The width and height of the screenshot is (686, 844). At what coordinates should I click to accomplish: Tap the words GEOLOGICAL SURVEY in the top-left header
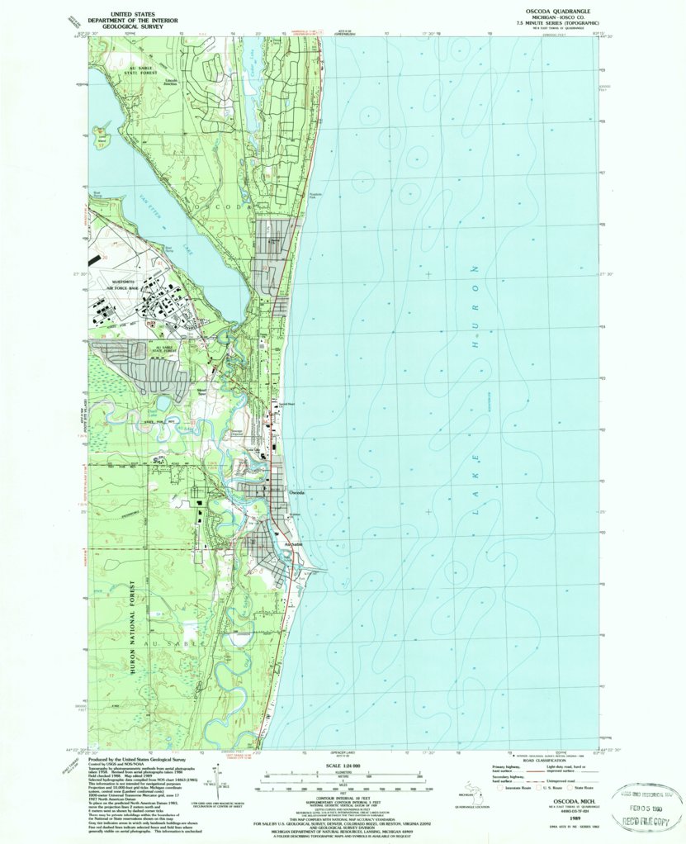pyautogui.click(x=120, y=26)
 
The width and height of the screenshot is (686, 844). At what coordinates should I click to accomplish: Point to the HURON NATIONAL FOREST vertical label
pyautogui.click(x=131, y=628)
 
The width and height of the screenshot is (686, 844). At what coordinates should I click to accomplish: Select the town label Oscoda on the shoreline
pyautogui.click(x=296, y=492)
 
